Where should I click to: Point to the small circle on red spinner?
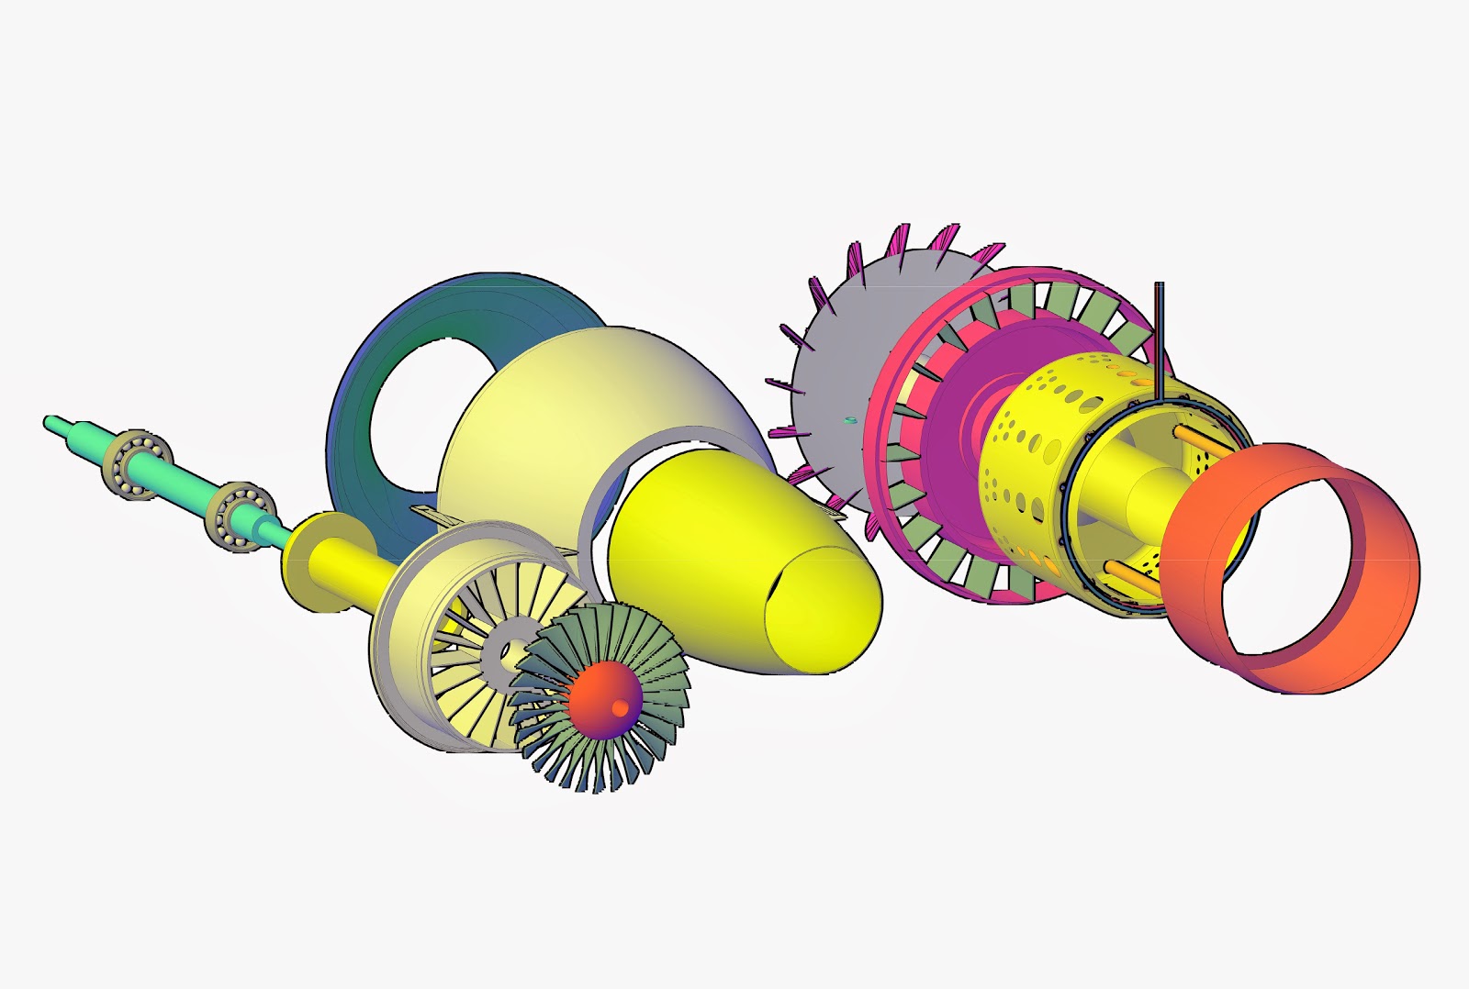(x=621, y=707)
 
